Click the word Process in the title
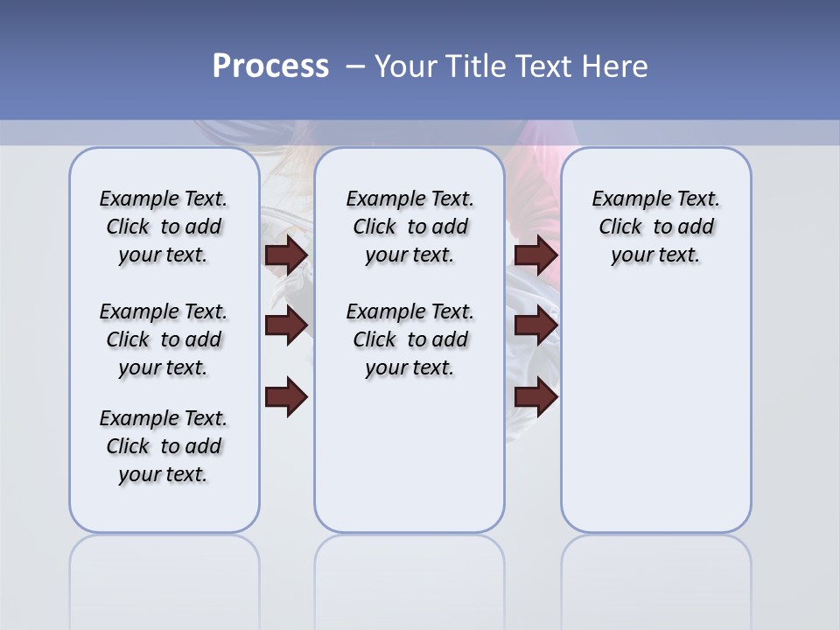[x=270, y=66]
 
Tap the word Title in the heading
[x=477, y=66]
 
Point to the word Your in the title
[x=407, y=66]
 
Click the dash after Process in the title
[x=355, y=66]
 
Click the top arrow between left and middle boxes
[x=286, y=255]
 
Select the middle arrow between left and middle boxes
[x=286, y=325]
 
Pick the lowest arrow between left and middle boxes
[x=286, y=396]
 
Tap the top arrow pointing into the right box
[x=536, y=255]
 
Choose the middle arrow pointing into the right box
[x=536, y=325]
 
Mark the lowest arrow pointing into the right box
[x=536, y=396]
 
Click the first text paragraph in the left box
[x=164, y=227]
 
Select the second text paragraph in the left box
[x=164, y=339]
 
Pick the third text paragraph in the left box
[x=164, y=446]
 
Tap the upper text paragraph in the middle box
[x=409, y=227]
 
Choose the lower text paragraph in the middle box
[x=409, y=339]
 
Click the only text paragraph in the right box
[x=655, y=227]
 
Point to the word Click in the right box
[x=620, y=227]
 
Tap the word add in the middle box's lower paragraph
[x=449, y=339]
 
